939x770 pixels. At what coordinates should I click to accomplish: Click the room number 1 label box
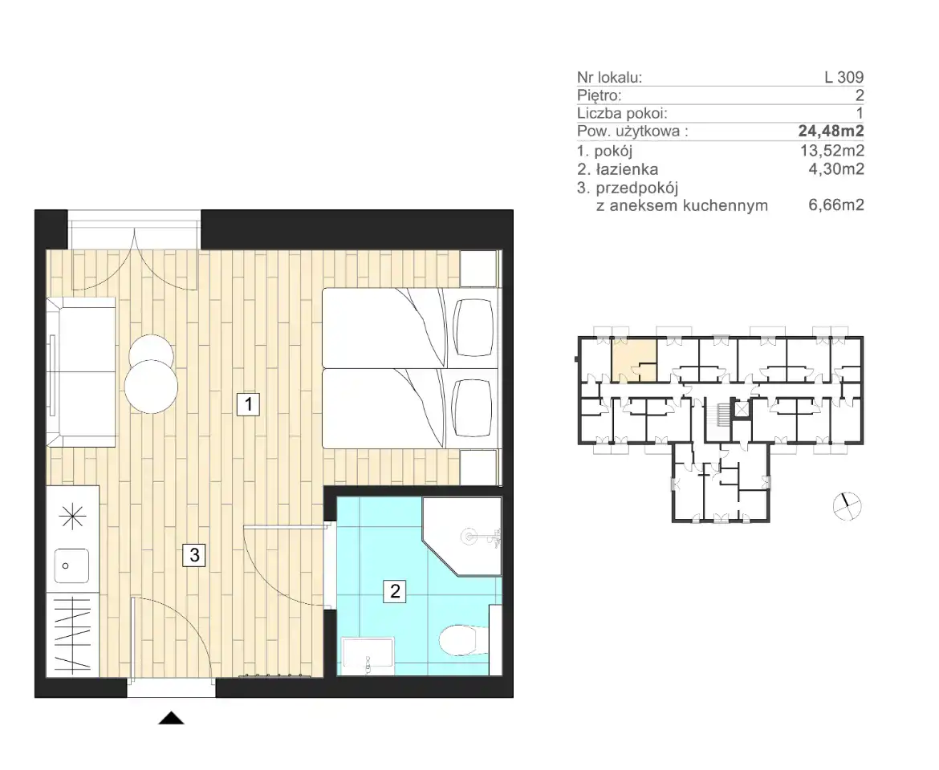[x=248, y=403]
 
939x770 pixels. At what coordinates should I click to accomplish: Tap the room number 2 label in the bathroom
[x=395, y=591]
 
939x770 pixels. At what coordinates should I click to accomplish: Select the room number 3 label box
[x=194, y=555]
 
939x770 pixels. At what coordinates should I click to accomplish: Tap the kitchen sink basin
[x=72, y=565]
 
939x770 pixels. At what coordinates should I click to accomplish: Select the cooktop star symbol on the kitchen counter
[x=72, y=516]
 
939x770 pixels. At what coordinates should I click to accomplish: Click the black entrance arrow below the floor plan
[x=171, y=718]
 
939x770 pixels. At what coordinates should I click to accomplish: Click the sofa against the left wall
[x=81, y=372]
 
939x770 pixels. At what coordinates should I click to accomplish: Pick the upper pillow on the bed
[x=474, y=327]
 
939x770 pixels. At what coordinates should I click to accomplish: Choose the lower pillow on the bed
[x=474, y=408]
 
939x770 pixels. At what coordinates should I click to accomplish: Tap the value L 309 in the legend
[x=843, y=77]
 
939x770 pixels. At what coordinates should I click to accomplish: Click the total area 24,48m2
[x=831, y=131]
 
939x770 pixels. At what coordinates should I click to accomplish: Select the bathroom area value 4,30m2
[x=836, y=169]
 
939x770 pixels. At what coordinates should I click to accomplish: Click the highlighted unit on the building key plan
[x=633, y=359]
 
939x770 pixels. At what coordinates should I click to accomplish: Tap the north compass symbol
[x=847, y=506]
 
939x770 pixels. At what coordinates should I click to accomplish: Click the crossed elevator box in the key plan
[x=742, y=409]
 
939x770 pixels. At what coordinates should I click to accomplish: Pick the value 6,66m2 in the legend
[x=836, y=205]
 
